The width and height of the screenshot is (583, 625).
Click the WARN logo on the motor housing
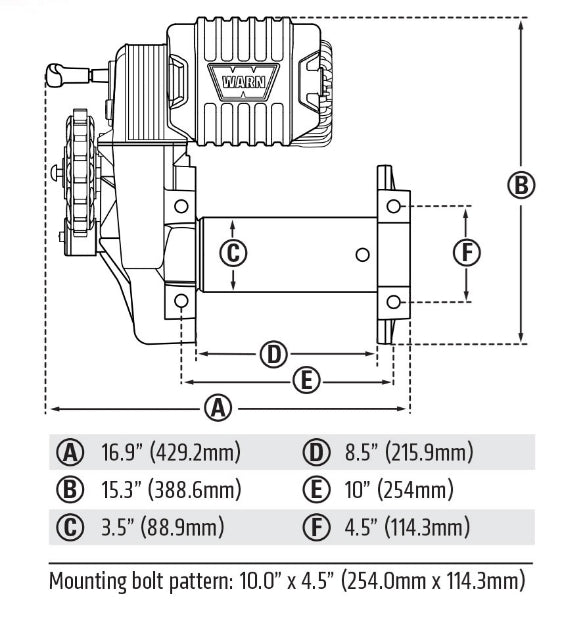point(231,78)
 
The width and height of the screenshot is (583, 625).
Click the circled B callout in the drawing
point(521,186)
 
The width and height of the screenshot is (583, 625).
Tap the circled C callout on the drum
point(233,253)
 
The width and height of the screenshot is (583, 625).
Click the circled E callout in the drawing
point(308,380)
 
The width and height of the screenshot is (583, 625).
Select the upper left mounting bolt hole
point(181,206)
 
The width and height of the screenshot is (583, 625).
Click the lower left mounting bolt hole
point(181,301)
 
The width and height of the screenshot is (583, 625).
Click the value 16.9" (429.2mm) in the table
point(171,453)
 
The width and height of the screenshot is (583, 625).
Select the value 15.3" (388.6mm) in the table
point(171,490)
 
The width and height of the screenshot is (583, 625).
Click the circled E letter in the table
point(317,490)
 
